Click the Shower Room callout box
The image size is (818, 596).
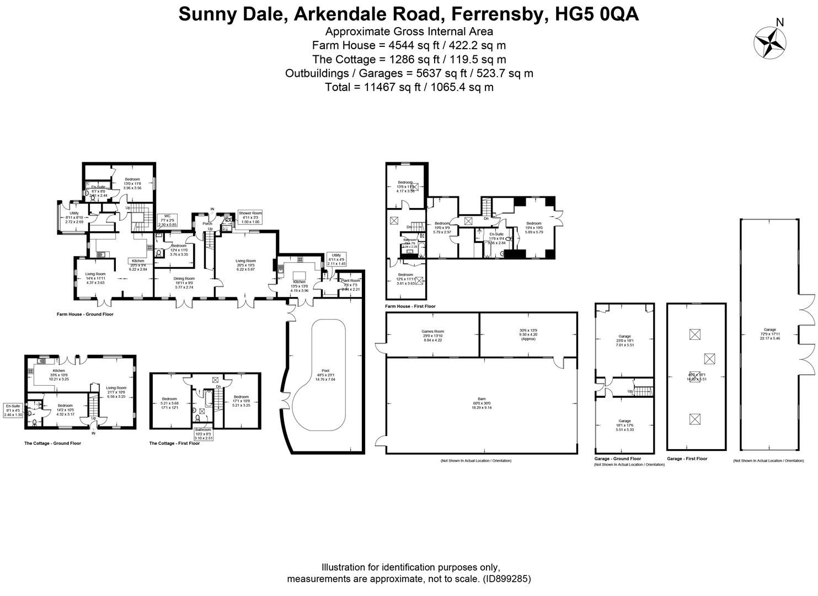pyautogui.click(x=250, y=217)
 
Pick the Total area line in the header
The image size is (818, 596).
pyautogui.click(x=408, y=87)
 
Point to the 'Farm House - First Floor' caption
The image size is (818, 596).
pyautogui.click(x=410, y=306)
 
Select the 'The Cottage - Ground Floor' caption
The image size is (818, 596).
pyautogui.click(x=52, y=443)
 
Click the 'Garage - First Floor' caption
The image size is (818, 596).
pyautogui.click(x=687, y=459)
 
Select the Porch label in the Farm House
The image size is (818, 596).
pyautogui.click(x=207, y=223)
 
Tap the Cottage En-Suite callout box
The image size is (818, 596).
pyautogui.click(x=13, y=410)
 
